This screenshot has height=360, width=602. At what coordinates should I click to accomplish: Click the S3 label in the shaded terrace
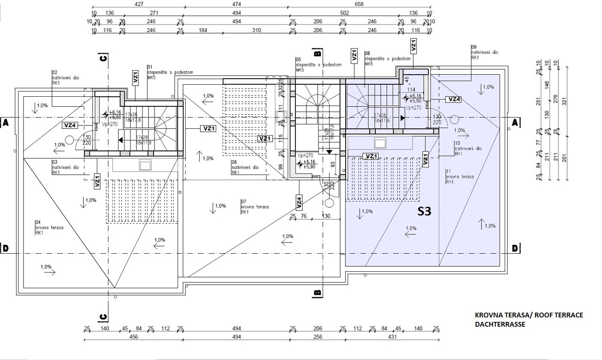[x=424, y=212]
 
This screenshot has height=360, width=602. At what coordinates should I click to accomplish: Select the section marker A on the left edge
[x=5, y=122]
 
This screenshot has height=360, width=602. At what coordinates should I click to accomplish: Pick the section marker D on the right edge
[x=515, y=249]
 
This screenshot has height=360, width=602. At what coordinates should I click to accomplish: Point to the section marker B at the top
[x=317, y=53]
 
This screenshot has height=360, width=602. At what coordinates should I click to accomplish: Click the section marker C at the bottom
[x=103, y=316]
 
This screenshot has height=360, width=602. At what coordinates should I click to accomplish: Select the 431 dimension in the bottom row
[x=392, y=337]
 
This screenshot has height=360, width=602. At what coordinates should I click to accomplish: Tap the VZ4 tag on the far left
[x=70, y=125]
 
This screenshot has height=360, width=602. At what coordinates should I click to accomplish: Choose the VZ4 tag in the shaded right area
[x=454, y=99]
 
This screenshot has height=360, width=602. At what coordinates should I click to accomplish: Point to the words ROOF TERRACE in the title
[x=558, y=315]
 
